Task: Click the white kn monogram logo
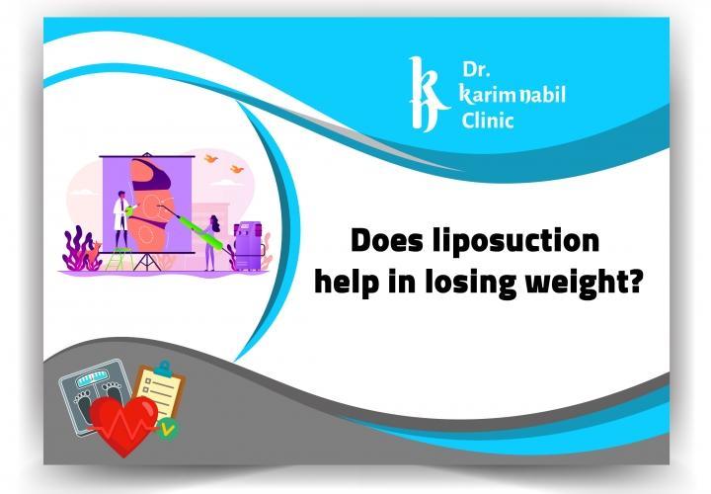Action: coord(424,95)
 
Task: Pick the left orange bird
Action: coord(210,157)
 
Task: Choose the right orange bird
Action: coord(237,169)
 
